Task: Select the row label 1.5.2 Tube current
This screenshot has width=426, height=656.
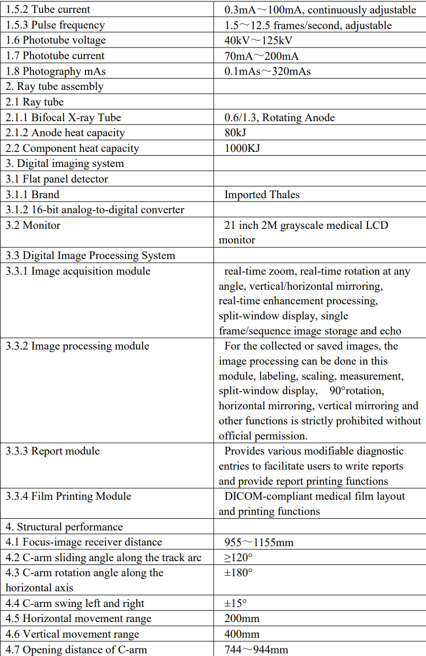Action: (x=48, y=10)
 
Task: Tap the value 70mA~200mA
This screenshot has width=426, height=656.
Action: (x=261, y=56)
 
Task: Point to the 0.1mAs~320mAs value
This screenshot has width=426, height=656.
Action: (x=267, y=71)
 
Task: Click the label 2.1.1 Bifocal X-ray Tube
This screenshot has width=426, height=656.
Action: (x=63, y=117)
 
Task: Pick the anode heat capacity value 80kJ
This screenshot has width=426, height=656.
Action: (x=236, y=133)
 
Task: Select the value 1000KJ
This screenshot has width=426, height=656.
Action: (x=242, y=149)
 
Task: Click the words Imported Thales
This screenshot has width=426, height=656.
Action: (x=262, y=195)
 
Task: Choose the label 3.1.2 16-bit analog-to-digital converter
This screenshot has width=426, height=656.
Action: (x=95, y=210)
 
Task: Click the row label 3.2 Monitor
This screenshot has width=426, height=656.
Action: (x=33, y=226)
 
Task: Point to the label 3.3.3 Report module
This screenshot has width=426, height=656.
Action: (x=53, y=451)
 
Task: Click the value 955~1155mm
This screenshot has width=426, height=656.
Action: (x=259, y=542)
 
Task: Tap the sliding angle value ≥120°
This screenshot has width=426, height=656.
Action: (x=239, y=558)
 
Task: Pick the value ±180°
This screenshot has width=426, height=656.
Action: (x=238, y=573)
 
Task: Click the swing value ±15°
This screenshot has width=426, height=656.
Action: (x=236, y=604)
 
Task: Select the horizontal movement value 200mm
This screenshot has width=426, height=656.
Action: (x=242, y=619)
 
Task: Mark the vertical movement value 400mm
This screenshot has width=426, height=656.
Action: (x=242, y=634)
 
